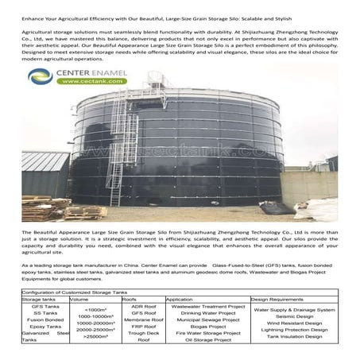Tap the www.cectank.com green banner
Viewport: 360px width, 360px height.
tap(80, 83)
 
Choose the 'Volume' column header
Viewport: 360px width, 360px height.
tap(91, 299)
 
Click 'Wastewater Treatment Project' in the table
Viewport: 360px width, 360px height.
tap(207, 306)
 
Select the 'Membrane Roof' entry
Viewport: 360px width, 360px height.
tap(142, 319)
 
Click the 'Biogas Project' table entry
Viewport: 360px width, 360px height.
tap(207, 326)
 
